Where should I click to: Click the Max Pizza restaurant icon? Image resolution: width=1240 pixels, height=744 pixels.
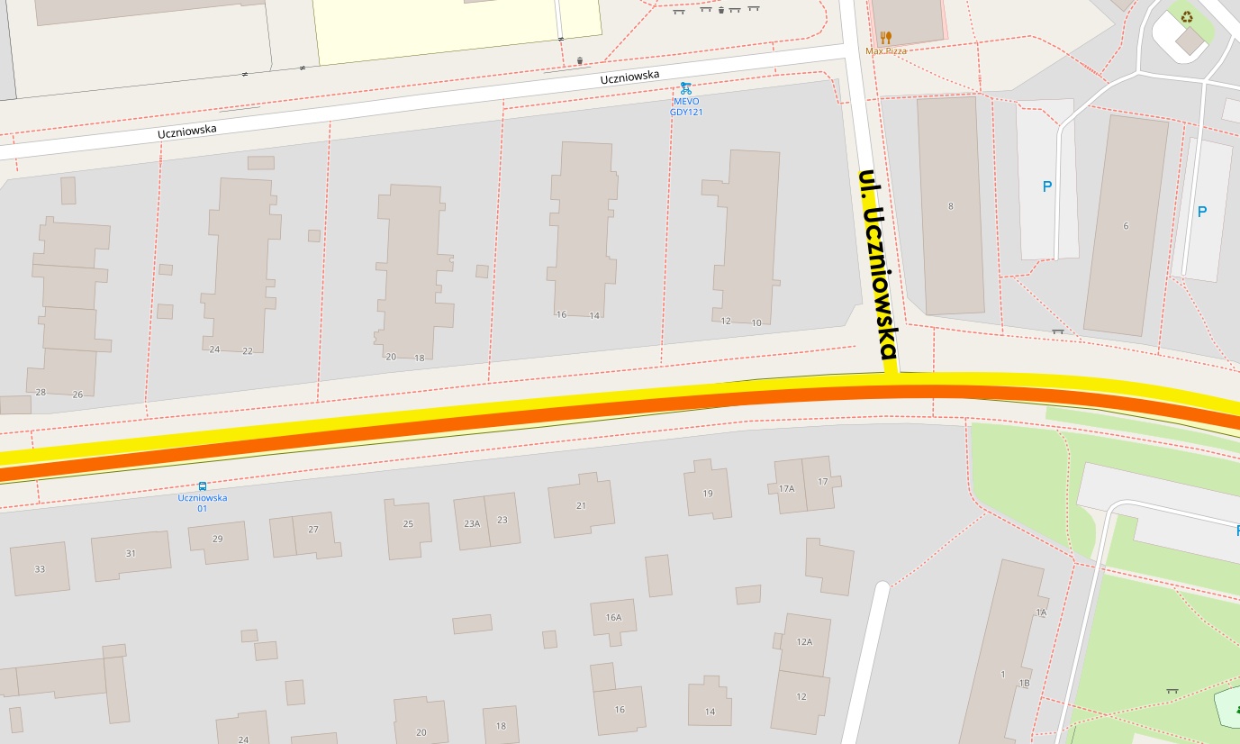click(886, 38)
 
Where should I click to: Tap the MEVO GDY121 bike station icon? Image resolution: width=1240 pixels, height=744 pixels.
click(686, 88)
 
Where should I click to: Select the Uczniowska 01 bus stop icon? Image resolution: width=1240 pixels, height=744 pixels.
click(203, 486)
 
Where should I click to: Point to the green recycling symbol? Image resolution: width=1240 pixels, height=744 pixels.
click(1187, 16)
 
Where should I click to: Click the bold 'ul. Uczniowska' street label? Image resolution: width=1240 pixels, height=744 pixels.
click(877, 265)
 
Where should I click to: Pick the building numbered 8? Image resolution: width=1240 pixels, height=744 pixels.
click(951, 206)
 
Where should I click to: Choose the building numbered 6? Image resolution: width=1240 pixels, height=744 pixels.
click(1125, 225)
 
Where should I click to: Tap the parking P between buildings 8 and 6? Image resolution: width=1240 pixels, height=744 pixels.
click(1046, 187)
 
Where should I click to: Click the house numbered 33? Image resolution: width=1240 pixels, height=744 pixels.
click(40, 568)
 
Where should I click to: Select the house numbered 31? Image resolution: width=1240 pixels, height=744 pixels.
click(131, 554)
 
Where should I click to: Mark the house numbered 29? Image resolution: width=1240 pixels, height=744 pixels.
click(217, 540)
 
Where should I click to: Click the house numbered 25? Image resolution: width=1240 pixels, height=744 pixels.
click(408, 525)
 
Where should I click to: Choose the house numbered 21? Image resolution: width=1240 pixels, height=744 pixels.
click(581, 506)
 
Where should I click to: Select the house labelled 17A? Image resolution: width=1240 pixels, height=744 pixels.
click(787, 487)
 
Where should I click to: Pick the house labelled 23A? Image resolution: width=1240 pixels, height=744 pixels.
click(472, 523)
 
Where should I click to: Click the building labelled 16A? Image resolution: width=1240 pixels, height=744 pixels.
click(613, 618)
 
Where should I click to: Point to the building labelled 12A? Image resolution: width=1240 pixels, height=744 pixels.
click(804, 642)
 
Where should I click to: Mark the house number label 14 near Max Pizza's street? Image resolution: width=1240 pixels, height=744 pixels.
click(594, 315)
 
